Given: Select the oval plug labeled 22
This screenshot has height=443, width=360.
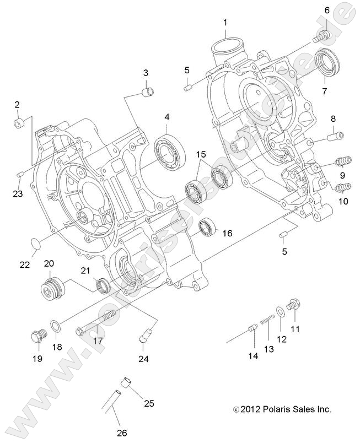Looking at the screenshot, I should tap(34, 242).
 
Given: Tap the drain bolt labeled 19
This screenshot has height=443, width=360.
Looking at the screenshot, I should tap(37, 336).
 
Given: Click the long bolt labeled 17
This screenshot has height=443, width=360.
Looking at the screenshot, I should tap(96, 325).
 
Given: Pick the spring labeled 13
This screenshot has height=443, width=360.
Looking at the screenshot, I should tap(267, 321).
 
